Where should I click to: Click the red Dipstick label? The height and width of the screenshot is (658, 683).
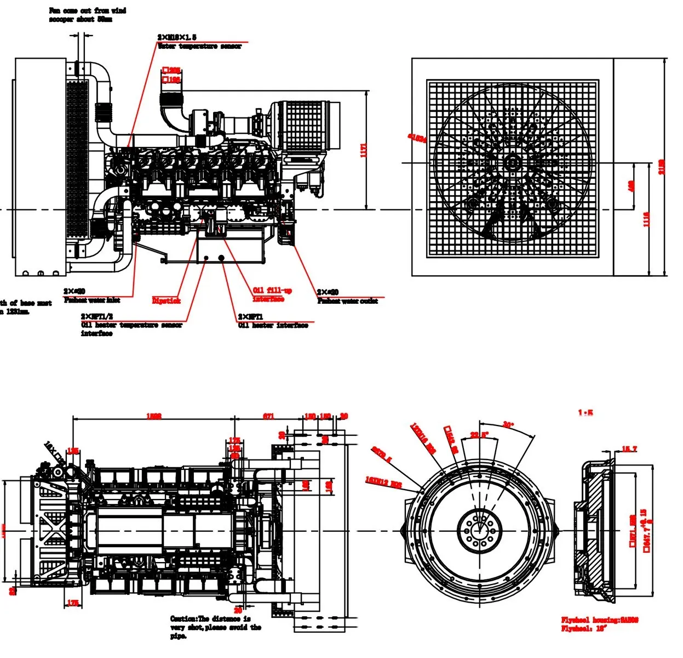coord(166,300)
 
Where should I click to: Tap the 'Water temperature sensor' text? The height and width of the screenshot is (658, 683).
coord(199,47)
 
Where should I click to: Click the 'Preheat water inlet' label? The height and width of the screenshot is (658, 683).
coord(92,300)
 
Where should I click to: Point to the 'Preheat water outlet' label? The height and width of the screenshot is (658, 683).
coord(347,301)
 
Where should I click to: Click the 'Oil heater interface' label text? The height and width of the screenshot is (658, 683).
coord(273,326)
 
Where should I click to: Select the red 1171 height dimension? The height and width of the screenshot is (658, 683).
coord(364,150)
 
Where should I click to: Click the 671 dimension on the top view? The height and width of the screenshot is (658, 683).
coord(268,417)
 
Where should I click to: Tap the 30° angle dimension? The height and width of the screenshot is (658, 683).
coord(508,425)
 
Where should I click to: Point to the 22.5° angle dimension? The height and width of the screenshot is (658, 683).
coord(479,435)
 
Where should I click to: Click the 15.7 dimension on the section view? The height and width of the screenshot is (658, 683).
coord(629,449)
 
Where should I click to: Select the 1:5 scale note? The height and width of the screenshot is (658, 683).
coord(586,412)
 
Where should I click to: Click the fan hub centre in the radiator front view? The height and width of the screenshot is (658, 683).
coord(513,162)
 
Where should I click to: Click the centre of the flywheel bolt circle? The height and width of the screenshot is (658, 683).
coord(479,531)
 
